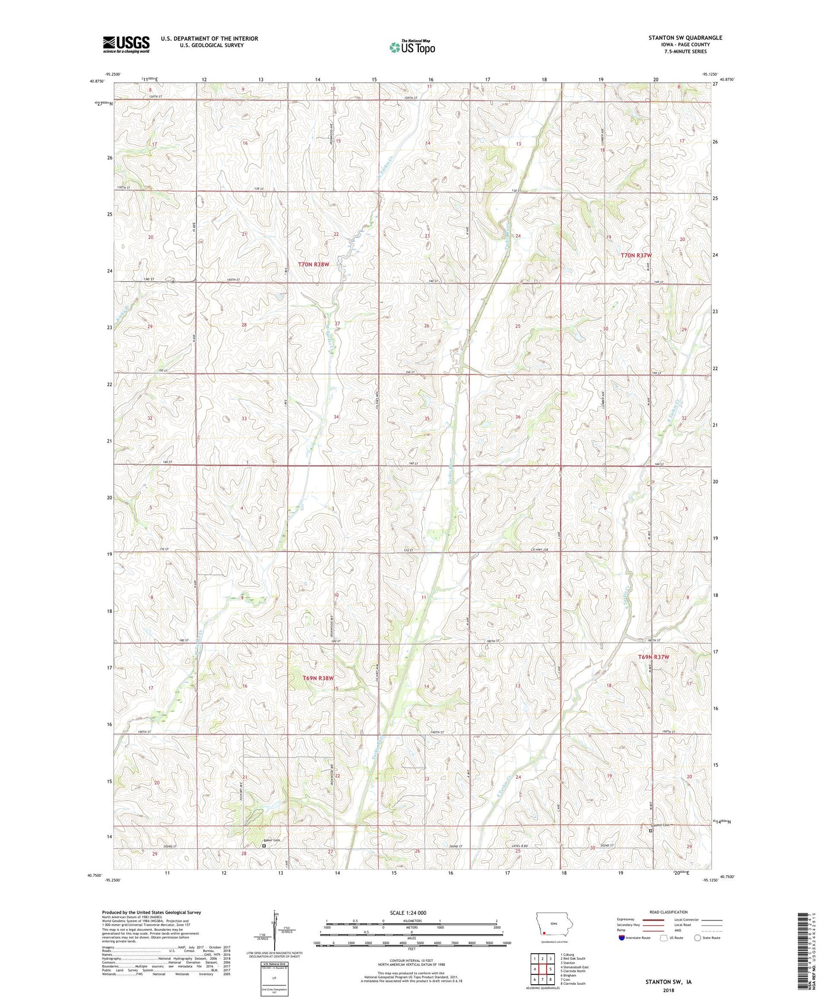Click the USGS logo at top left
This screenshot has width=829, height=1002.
pos(126,44)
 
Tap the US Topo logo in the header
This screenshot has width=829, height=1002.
pos(412,47)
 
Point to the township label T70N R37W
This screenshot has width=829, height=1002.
pos(637,255)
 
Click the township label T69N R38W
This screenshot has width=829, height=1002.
pos(318,678)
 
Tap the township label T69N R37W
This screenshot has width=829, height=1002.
pos(653,657)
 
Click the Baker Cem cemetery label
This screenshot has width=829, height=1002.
pos(272,840)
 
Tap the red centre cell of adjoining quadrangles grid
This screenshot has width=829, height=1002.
pos(542,970)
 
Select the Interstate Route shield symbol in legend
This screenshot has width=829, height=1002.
pos(621,938)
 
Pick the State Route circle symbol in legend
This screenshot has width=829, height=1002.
pos(697,938)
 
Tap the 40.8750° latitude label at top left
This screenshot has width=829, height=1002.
pos(96,81)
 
